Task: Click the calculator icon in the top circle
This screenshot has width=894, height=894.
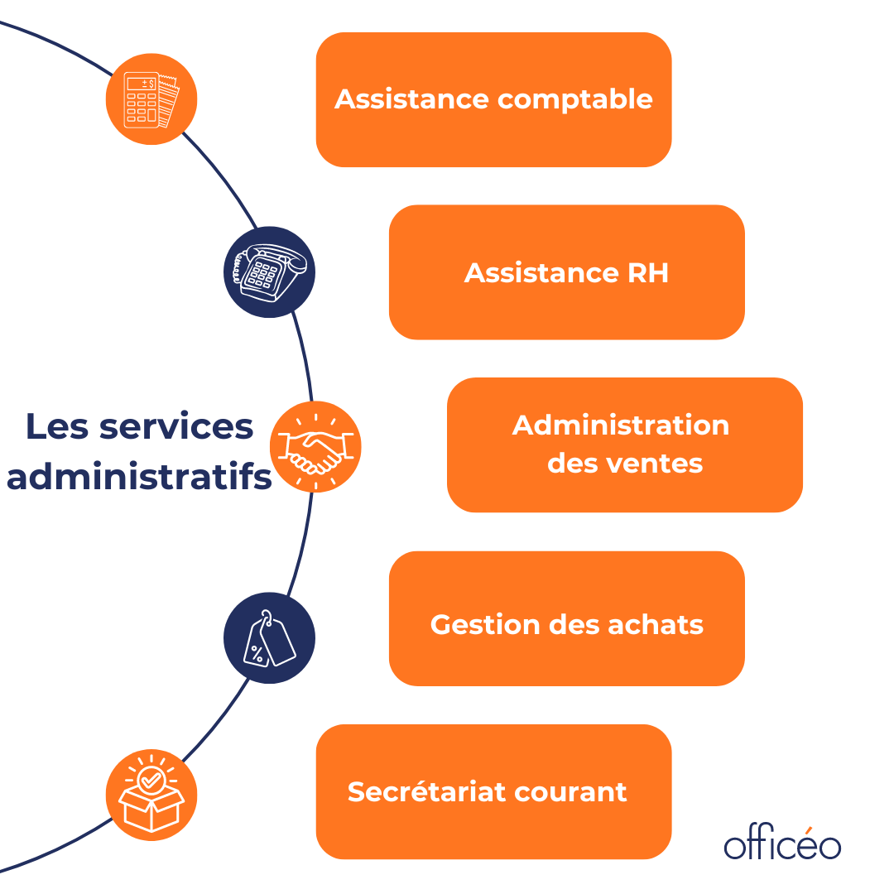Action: point(151,99)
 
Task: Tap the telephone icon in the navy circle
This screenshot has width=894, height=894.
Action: point(270,272)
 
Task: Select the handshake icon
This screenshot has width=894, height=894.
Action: point(315,447)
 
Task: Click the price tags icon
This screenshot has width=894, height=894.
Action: point(270,638)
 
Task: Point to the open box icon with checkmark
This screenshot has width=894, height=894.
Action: point(151,795)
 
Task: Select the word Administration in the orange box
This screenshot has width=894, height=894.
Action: point(621,425)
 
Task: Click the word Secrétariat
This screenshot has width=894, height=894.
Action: point(426,791)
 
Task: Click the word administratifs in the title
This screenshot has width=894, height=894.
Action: point(139,478)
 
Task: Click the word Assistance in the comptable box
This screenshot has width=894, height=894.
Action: point(411,99)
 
